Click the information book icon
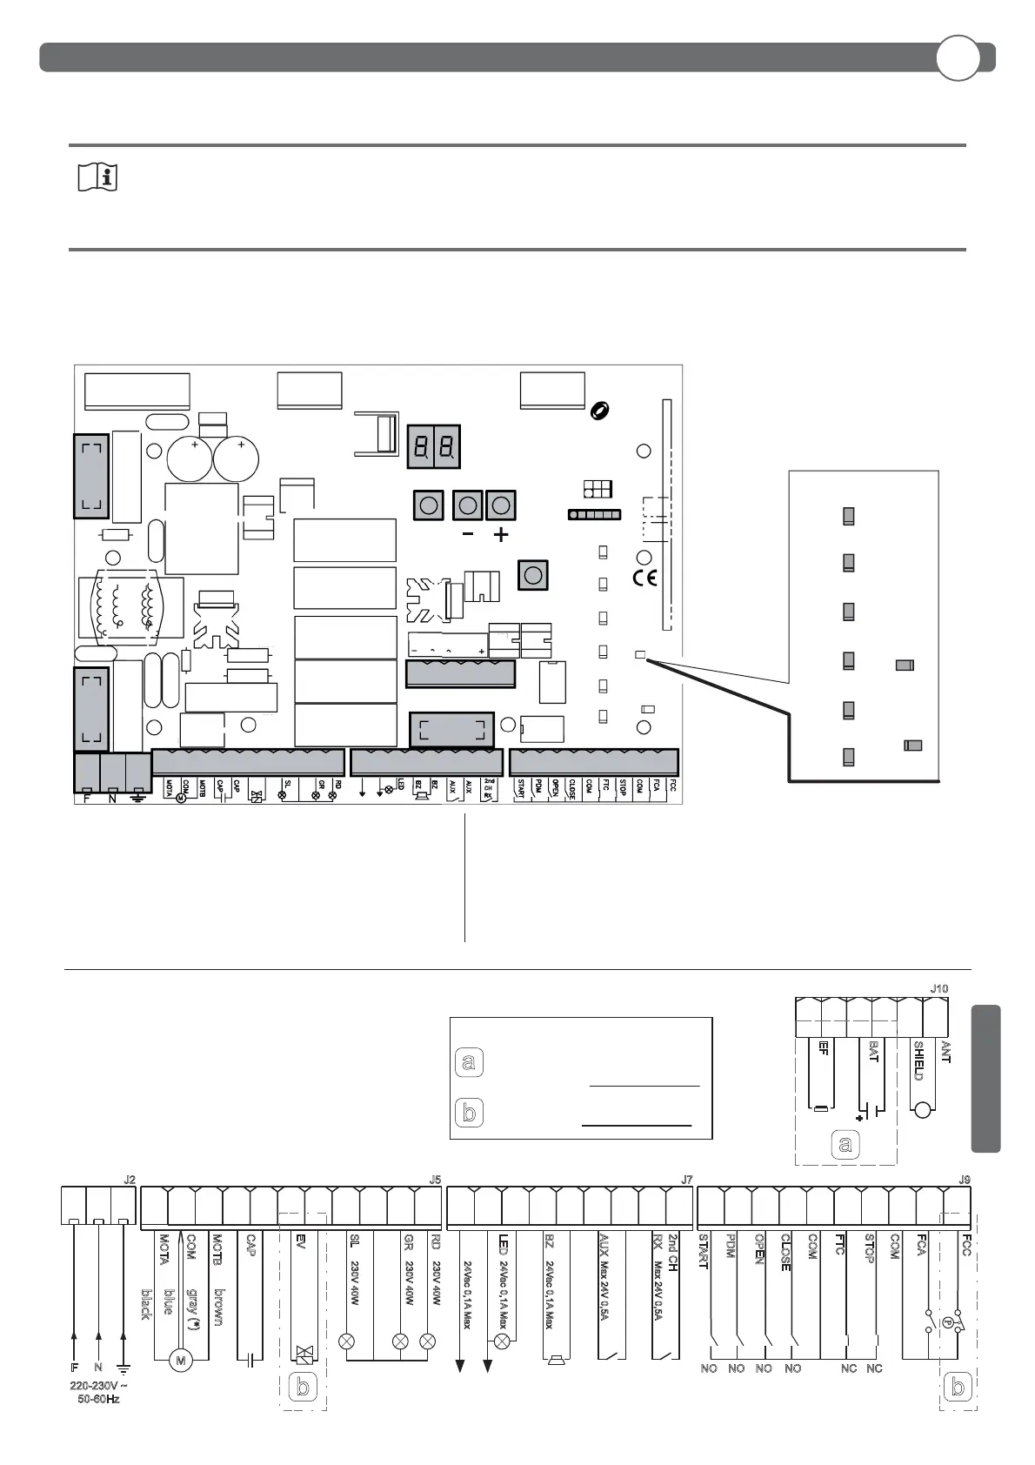coord(97,178)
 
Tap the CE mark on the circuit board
coord(645,577)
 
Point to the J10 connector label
coord(939,989)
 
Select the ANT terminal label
coord(945,1053)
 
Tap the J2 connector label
coord(130,1180)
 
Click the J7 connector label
coord(686,1180)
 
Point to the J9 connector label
coord(965,1180)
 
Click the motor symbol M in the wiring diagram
coord(180,1360)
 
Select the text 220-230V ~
coord(101,1386)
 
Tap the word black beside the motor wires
coord(145,1304)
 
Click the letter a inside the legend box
coord(469,1062)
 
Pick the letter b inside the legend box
coord(469,1113)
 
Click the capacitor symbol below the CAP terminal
coord(250,1360)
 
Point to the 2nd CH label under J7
coord(672,1253)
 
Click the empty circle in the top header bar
coord(958,58)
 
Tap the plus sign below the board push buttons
coord(500,535)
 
